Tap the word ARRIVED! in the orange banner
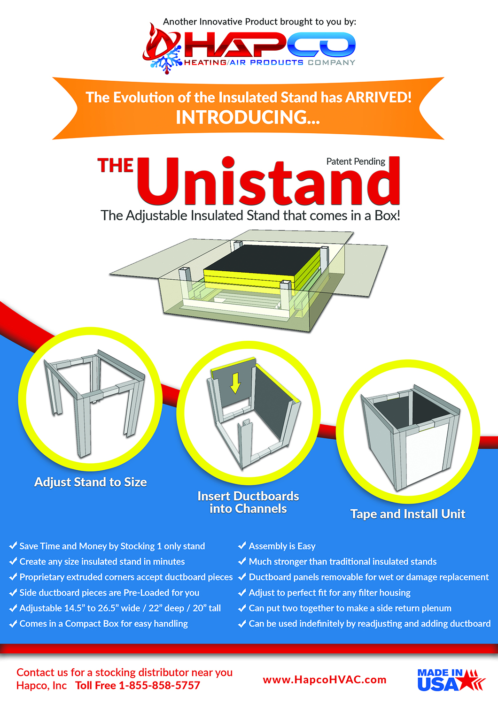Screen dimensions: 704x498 (378, 97)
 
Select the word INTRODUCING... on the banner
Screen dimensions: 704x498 (248, 117)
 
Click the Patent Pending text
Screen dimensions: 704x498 (356, 161)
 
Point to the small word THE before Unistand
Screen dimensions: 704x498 (115, 166)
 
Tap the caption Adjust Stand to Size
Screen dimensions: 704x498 (90, 482)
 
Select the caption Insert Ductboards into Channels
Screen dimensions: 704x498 (248, 502)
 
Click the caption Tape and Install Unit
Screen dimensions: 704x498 (407, 514)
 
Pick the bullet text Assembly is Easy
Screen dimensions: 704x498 (282, 546)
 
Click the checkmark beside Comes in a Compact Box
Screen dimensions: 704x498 (13, 623)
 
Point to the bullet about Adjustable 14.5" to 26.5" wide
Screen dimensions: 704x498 (120, 608)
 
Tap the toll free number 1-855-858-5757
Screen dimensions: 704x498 (159, 686)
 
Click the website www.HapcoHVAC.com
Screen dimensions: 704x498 (324, 680)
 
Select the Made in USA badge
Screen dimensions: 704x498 (450, 680)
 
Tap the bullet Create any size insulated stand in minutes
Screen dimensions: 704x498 (102, 561)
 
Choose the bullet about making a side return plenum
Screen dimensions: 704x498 (350, 608)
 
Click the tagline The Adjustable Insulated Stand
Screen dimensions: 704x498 (250, 215)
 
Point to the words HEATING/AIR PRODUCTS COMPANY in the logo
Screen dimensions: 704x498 (269, 62)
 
